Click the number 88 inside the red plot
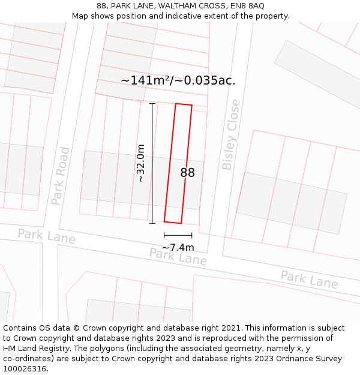click(x=187, y=173)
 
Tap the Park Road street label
click(x=61, y=176)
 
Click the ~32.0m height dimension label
click(x=140, y=163)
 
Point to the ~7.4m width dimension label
click(x=178, y=247)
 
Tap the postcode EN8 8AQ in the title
click(x=247, y=6)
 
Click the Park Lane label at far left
click(x=46, y=236)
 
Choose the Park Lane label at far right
click(x=309, y=279)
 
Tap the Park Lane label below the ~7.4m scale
click(x=178, y=257)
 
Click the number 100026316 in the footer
click(x=25, y=369)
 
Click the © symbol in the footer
click(x=76, y=328)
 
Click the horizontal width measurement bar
click(x=178, y=235)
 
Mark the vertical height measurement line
click(x=152, y=163)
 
